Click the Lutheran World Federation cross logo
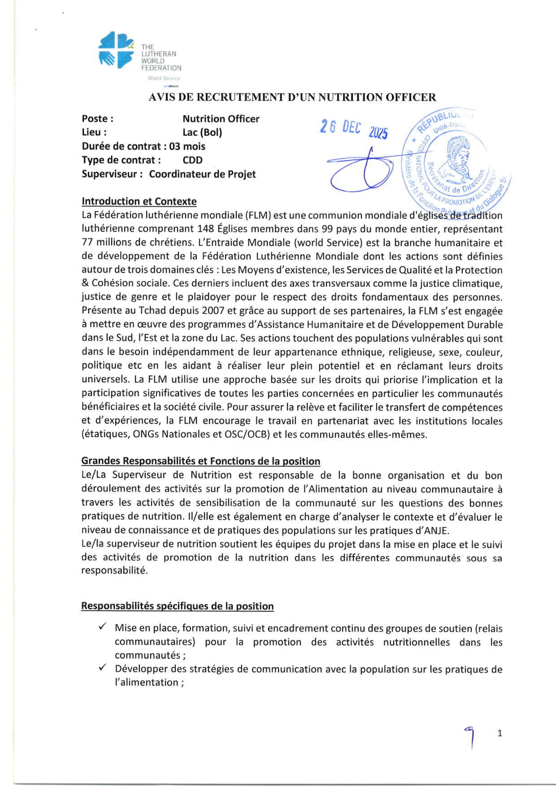point(116,50)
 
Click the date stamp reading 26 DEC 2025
point(354,129)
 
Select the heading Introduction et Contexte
point(139,201)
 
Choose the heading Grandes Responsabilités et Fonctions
point(201,461)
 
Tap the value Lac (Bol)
point(202,132)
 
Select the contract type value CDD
point(193,160)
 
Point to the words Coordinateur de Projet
point(202,174)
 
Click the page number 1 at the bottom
point(500,733)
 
